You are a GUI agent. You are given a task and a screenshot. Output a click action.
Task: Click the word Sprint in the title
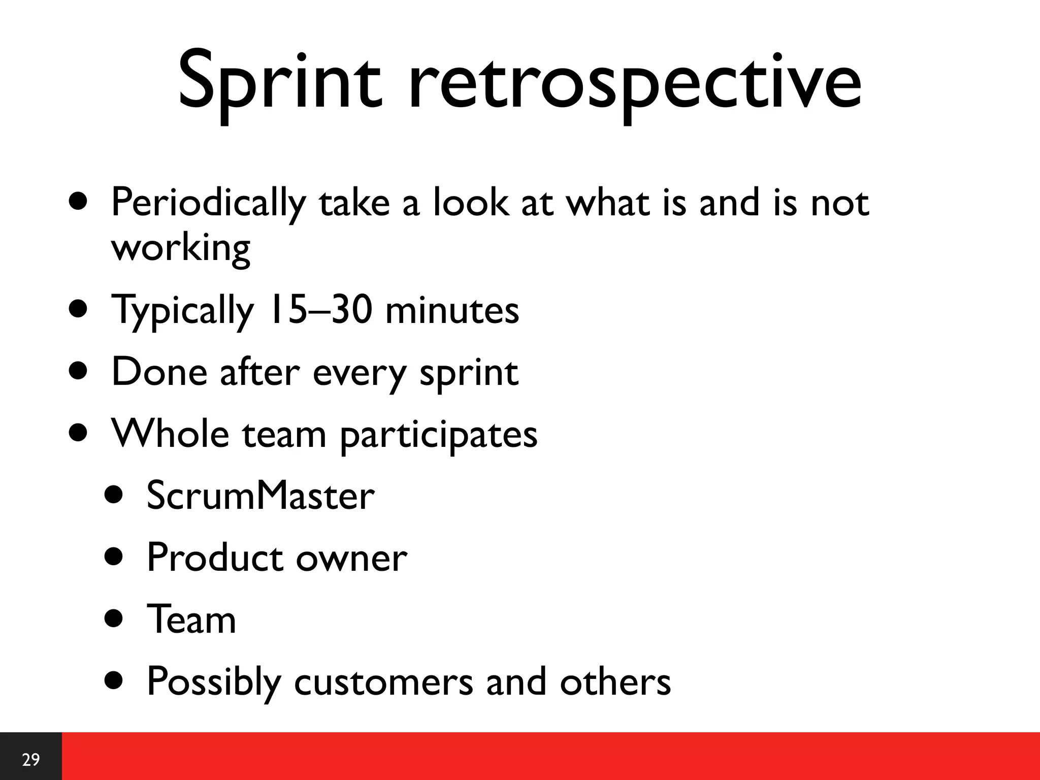(x=279, y=81)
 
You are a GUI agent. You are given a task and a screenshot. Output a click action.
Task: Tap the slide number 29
(x=31, y=760)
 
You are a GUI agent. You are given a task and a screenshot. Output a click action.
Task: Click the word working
(x=181, y=249)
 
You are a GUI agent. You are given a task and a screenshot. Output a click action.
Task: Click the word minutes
(x=452, y=311)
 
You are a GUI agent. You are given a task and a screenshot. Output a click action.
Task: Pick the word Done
(x=159, y=372)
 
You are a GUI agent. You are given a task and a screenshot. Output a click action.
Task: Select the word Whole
(x=171, y=434)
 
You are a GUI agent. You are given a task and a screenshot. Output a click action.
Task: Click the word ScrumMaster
(x=261, y=496)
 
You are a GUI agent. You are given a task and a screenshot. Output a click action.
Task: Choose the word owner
(x=351, y=559)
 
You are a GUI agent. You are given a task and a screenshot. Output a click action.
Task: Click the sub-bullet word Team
(x=191, y=620)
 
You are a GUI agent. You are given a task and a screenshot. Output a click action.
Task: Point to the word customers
(x=383, y=682)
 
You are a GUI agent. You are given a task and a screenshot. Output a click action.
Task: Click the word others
(x=615, y=682)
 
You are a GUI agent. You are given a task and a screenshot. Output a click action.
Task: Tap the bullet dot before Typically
(x=79, y=309)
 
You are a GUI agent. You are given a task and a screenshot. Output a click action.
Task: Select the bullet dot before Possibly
(x=114, y=681)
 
